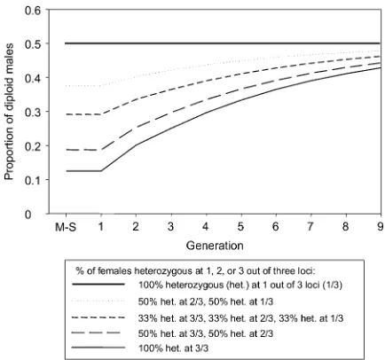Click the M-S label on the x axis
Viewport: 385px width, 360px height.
point(66,227)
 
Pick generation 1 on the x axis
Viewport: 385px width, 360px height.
point(101,227)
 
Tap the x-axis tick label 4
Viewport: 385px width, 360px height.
point(206,227)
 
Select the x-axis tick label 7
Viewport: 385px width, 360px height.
point(310,227)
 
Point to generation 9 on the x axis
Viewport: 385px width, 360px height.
point(381,227)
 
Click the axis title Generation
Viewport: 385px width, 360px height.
point(215,246)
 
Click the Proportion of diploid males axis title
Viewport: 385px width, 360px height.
point(10,112)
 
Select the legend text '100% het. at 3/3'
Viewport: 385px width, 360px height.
point(173,348)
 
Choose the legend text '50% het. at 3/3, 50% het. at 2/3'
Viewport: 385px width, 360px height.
point(206,333)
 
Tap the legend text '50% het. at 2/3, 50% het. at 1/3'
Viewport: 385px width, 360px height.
point(206,301)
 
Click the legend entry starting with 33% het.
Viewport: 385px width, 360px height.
point(241,318)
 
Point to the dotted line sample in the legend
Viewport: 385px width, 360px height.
point(98,301)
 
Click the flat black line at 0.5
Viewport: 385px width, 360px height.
point(223,43)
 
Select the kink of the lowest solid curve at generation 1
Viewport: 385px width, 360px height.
point(101,171)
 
